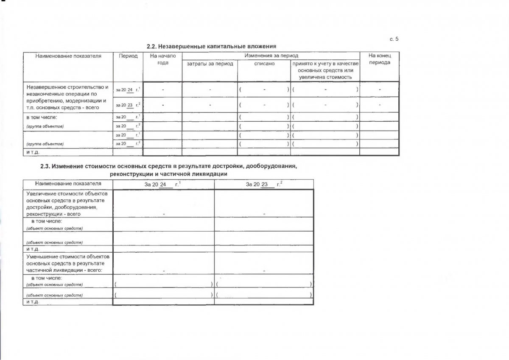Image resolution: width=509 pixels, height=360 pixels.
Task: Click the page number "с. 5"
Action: coord(394,39)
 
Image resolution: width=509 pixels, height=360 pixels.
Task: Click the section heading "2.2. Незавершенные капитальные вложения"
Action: coord(211,46)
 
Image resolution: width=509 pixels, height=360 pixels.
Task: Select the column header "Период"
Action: coord(128,56)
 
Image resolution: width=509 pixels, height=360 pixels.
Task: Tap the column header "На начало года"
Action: coord(162,59)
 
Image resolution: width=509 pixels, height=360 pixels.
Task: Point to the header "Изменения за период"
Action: coord(271,56)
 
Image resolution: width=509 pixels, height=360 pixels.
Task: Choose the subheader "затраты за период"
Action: coord(210,64)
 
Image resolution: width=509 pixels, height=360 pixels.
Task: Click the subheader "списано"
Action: coord(264,64)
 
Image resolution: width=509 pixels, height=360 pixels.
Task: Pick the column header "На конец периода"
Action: coord(379,59)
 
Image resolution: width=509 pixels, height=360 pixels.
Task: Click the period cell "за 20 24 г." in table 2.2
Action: coord(128,89)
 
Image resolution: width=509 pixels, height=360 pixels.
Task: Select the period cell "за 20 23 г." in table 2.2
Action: coord(128,105)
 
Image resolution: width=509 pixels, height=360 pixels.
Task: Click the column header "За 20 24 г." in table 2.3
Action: coord(163,184)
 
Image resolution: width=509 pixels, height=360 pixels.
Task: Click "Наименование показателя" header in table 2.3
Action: coord(68,184)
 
